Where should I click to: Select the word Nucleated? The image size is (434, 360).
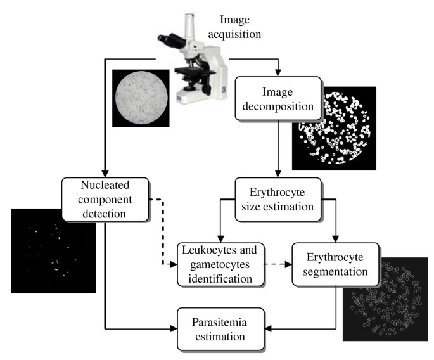click(106, 187)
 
